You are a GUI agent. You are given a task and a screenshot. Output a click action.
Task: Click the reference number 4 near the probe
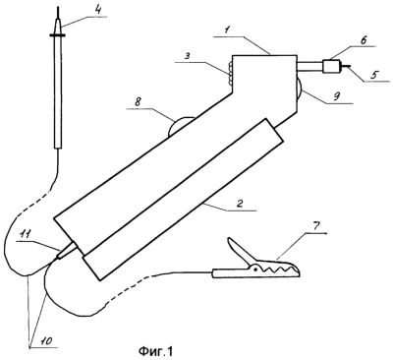pyautogui.click(x=97, y=9)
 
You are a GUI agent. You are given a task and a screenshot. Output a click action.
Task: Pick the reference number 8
pyautogui.click(x=138, y=102)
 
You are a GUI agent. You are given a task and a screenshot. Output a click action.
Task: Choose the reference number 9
pyautogui.click(x=338, y=96)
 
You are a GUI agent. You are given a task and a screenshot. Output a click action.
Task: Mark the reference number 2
pyautogui.click(x=240, y=204)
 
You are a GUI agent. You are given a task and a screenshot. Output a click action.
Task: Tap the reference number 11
pyautogui.click(x=27, y=234)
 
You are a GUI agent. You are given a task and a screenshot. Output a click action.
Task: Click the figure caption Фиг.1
pyautogui.click(x=155, y=352)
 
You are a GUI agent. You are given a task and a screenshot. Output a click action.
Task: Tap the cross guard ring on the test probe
pyautogui.click(x=58, y=34)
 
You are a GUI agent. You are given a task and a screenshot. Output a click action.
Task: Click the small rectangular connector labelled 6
pyautogui.click(x=331, y=66)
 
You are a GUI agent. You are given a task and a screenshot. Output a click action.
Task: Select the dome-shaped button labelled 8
pyautogui.click(x=180, y=127)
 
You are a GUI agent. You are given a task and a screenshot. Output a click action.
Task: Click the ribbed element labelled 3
pyautogui.click(x=230, y=74)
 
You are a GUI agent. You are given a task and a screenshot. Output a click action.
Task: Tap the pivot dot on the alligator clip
pyautogui.click(x=254, y=270)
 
